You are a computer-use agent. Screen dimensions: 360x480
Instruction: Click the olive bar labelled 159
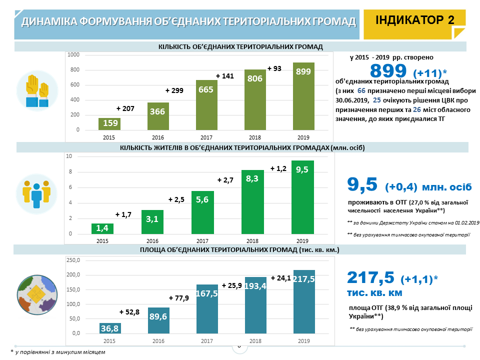[x=109, y=123]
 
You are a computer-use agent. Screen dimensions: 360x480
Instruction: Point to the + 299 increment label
[x=174, y=91]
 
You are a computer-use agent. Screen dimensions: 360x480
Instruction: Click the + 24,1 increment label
[x=280, y=278]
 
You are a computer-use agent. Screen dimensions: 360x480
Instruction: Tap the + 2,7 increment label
[x=226, y=179]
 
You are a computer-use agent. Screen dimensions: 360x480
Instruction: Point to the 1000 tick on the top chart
[x=73, y=54]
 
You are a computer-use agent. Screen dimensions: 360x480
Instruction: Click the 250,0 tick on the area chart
[x=73, y=260]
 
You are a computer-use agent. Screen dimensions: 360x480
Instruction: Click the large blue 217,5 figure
[x=370, y=278]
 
